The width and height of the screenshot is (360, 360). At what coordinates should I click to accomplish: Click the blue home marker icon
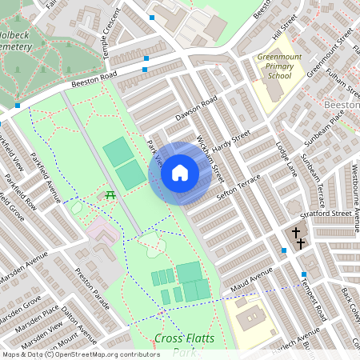click(x=179, y=173)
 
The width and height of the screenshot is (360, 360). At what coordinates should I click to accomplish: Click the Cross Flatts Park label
click(x=185, y=345)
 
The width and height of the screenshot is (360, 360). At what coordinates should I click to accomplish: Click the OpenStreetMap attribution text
click(x=81, y=354)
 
